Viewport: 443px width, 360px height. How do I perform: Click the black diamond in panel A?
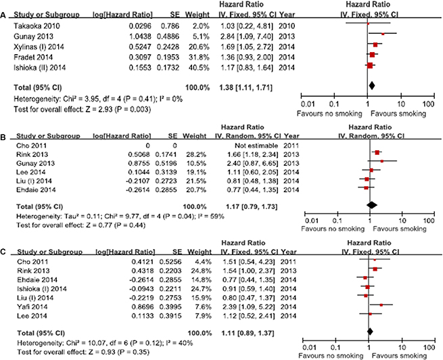(371, 86)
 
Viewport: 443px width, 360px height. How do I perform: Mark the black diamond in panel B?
(371, 204)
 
